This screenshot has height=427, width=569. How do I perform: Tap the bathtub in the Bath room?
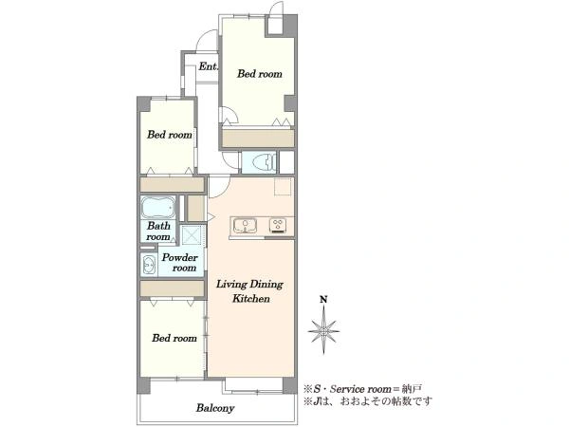[x=158, y=207]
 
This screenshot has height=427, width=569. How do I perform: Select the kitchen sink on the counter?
[x=245, y=226]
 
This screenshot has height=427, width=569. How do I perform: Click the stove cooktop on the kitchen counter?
[x=278, y=226]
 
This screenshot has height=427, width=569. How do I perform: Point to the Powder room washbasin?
[x=149, y=265]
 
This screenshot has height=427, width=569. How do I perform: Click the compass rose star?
[x=323, y=330]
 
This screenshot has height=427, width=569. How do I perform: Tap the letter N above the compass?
[x=323, y=300]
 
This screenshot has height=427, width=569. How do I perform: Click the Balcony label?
[x=215, y=408]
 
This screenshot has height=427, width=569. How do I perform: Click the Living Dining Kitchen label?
[x=249, y=291]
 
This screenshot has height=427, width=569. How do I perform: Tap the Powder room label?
[x=180, y=263]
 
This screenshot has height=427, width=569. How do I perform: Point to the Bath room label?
[x=158, y=231]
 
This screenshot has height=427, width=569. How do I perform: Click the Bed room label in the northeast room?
[x=260, y=74]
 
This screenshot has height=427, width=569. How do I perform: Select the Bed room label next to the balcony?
[x=174, y=338]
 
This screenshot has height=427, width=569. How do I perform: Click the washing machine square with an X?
[x=193, y=235]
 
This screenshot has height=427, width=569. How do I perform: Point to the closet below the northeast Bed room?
[x=258, y=139]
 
